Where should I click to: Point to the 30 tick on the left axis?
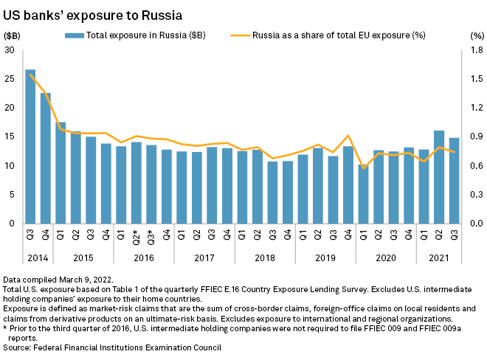click(x=10, y=50)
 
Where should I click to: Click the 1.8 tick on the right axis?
click(x=476, y=50)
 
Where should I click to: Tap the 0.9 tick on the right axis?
click(x=476, y=136)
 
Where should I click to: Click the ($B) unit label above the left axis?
click(x=13, y=35)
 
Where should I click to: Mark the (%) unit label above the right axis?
click(x=476, y=35)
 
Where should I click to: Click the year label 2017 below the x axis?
click(x=204, y=259)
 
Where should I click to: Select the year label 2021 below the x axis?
click(x=438, y=259)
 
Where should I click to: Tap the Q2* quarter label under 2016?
click(x=136, y=236)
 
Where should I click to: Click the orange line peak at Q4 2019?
click(x=348, y=136)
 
